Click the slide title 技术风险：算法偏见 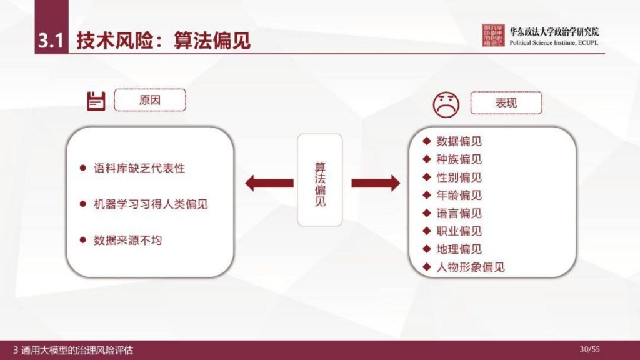pos(163,41)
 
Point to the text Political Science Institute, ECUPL pos(554,43)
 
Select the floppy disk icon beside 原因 pos(96,101)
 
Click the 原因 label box pos(150,100)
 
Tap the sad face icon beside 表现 pos(446,104)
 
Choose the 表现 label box pos(506,103)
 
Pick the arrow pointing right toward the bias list pos(375,183)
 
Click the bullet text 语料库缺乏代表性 pos(139,169)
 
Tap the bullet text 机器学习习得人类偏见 pos(151,204)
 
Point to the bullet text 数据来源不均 pos(127,240)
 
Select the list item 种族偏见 pos(459,159)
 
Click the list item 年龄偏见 pos(459,196)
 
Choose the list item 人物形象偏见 pos(471,267)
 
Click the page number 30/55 pos(590,349)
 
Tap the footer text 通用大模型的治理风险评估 pos(77,350)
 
